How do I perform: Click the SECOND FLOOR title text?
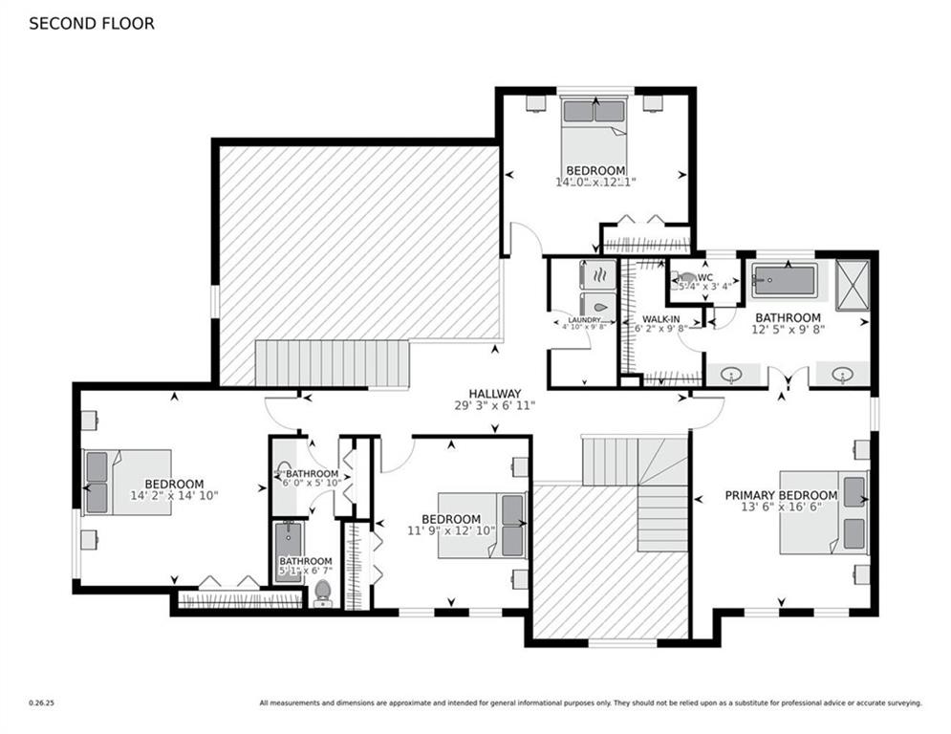(91, 24)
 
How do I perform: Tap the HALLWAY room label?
(494, 394)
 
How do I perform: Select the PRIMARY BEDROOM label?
(780, 495)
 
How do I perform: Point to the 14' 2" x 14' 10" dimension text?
(174, 496)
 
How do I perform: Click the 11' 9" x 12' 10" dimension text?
(450, 530)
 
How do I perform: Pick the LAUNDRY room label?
(583, 320)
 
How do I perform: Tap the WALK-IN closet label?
(661, 319)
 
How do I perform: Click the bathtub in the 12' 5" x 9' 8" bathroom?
(783, 281)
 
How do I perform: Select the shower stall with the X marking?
(851, 281)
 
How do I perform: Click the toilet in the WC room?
(686, 280)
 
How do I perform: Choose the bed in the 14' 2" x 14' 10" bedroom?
(127, 482)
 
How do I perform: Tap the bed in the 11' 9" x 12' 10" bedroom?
(482, 525)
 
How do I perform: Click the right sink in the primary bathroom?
(842, 374)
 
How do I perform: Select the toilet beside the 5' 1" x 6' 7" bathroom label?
(323, 592)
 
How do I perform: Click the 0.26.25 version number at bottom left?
(41, 703)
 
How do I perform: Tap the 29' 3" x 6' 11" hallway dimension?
(494, 406)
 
